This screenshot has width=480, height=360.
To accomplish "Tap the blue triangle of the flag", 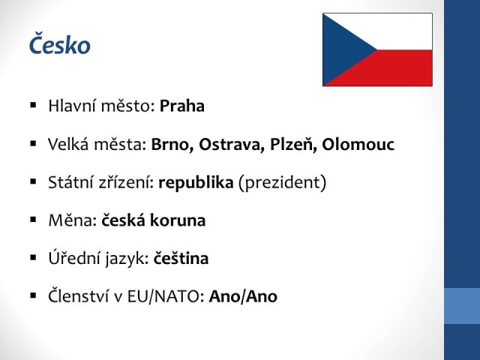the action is (343, 49).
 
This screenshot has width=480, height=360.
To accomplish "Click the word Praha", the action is (182, 106).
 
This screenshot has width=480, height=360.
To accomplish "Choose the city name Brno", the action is (172, 145).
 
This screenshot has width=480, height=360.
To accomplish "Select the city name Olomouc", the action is (358, 145).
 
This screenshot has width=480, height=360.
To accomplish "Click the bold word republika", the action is (196, 183).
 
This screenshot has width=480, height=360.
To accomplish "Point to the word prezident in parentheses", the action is (282, 183).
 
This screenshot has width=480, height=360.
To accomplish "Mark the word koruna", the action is (178, 220).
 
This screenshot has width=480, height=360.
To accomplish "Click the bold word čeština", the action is (181, 258).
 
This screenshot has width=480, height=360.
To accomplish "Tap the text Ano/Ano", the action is (243, 296).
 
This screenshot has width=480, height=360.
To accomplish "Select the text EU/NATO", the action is (163, 296).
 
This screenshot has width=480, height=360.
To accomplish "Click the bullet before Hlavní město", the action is (33, 106).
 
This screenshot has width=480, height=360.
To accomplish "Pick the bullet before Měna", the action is (33, 220).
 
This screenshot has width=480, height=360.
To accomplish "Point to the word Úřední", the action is (74, 257).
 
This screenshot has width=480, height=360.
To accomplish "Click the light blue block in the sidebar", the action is (462, 306).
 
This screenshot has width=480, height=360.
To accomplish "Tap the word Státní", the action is (71, 181).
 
